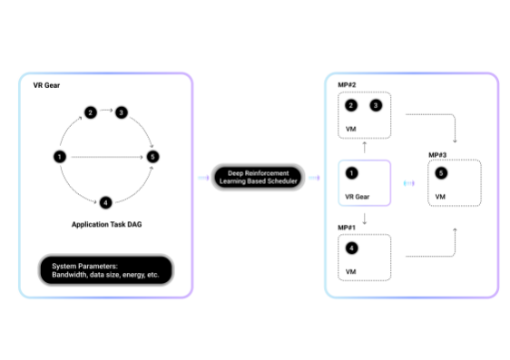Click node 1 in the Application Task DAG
pyautogui.click(x=59, y=157)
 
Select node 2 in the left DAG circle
pyautogui.click(x=90, y=112)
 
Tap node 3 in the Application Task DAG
pyautogui.click(x=121, y=112)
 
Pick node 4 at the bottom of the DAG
pyautogui.click(x=105, y=201)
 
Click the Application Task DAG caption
pyautogui.click(x=105, y=223)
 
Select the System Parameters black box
pyautogui.click(x=105, y=268)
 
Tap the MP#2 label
pyautogui.click(x=347, y=84)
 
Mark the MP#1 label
pyautogui.click(x=347, y=227)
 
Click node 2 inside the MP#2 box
pyautogui.click(x=351, y=105)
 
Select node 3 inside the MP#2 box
pyautogui.click(x=376, y=105)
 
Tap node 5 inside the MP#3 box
pyautogui.click(x=441, y=173)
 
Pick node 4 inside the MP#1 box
pyautogui.click(x=351, y=247)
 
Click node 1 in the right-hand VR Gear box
pyautogui.click(x=351, y=172)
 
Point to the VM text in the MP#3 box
pyautogui.click(x=441, y=197)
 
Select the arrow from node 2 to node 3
pyautogui.click(x=105, y=112)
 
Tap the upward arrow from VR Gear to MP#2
pyautogui.click(x=364, y=146)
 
